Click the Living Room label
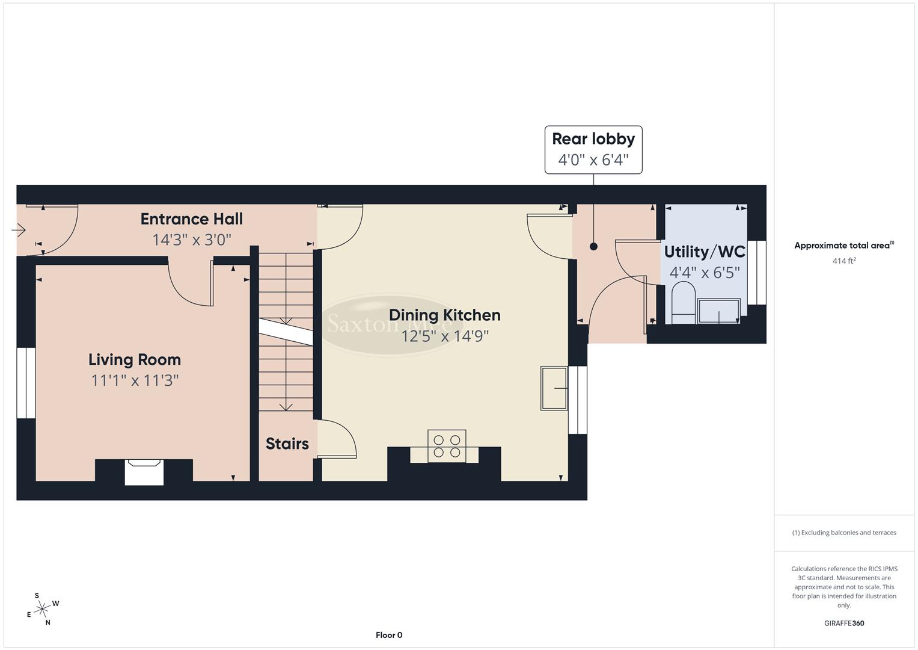coord(135,359)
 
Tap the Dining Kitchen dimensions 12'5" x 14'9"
coord(445,336)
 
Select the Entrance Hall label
coord(192,219)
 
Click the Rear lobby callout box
coord(593,150)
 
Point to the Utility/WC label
coord(705,252)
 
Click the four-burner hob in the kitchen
coord(447,446)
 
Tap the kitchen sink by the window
coord(554,388)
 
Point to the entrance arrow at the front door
coord(19,230)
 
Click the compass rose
coord(42,609)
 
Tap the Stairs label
coord(287,444)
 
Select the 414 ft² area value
coord(844,261)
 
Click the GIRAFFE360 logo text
coord(844,623)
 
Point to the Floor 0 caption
coord(389,635)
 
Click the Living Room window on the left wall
coord(26,383)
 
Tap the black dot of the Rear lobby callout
coord(593,246)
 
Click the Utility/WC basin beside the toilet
coord(719,311)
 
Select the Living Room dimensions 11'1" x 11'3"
coord(135,380)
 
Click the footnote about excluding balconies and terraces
coord(844,533)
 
